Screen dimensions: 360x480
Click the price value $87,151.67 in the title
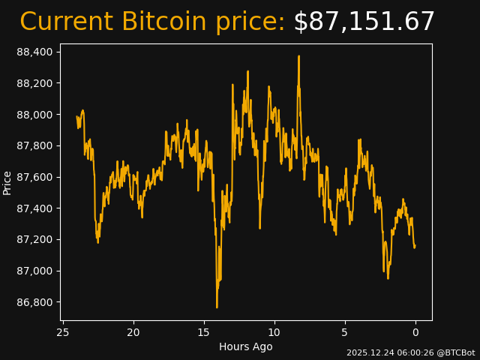click(x=364, y=22)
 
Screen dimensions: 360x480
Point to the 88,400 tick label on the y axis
click(x=34, y=52)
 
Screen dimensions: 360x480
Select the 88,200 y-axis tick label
click(x=34, y=83)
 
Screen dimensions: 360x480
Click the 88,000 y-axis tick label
click(x=34, y=115)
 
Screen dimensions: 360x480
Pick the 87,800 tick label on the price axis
click(x=34, y=145)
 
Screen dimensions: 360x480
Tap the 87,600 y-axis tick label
click(x=34, y=177)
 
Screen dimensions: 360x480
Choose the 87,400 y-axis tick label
click(x=34, y=208)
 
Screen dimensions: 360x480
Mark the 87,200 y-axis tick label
click(x=34, y=240)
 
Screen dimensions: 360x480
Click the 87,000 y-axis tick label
click(x=34, y=271)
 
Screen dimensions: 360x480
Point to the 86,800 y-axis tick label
click(x=34, y=302)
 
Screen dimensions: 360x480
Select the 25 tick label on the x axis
click(x=63, y=332)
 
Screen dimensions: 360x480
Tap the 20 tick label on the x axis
click(x=133, y=332)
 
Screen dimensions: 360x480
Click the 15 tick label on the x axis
click(x=204, y=332)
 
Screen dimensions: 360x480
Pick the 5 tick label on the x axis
click(x=345, y=332)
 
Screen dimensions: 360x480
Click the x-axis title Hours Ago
click(x=245, y=346)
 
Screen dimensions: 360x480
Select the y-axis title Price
click(x=7, y=182)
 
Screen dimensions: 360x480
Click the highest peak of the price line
click(x=298, y=56)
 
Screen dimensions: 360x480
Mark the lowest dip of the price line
click(x=217, y=307)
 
